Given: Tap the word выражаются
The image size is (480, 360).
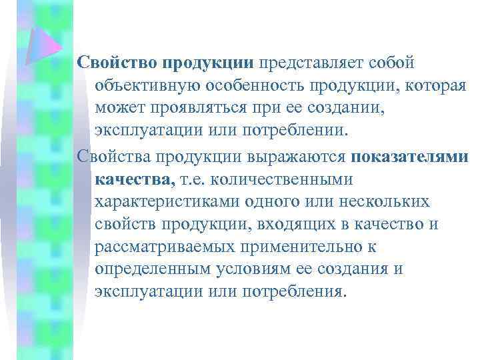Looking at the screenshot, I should (x=299, y=155).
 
